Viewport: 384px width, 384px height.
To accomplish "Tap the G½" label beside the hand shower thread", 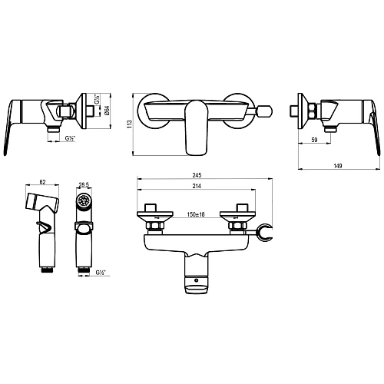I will click(x=101, y=270).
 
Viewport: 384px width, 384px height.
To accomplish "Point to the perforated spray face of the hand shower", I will click(x=84, y=203).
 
